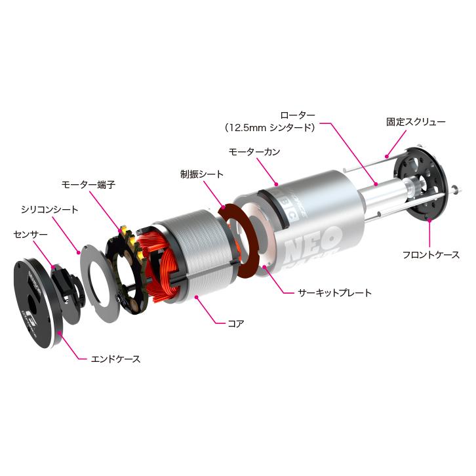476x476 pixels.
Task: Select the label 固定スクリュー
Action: (x=415, y=122)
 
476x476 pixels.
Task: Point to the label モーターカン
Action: (x=254, y=151)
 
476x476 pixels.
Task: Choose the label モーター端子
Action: (x=89, y=185)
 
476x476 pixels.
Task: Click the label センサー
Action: (x=31, y=233)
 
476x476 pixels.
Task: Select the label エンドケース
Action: (x=115, y=359)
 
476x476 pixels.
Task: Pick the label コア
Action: (x=235, y=323)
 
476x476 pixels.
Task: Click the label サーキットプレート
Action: (x=335, y=292)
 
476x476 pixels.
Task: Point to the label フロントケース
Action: (x=431, y=254)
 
